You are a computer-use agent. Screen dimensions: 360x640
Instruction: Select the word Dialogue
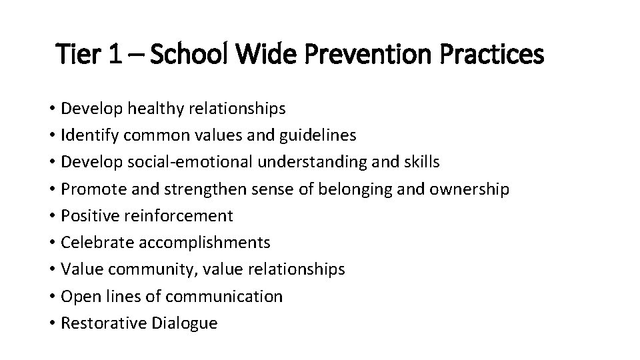tap(184, 323)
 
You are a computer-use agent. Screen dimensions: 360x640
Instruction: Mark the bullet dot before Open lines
tap(51, 297)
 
